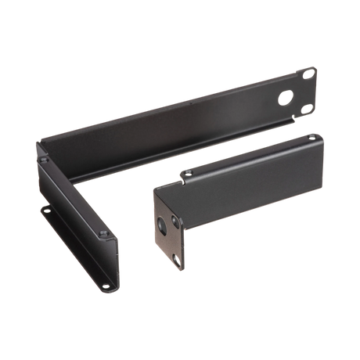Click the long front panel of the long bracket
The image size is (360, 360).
(x=180, y=117)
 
